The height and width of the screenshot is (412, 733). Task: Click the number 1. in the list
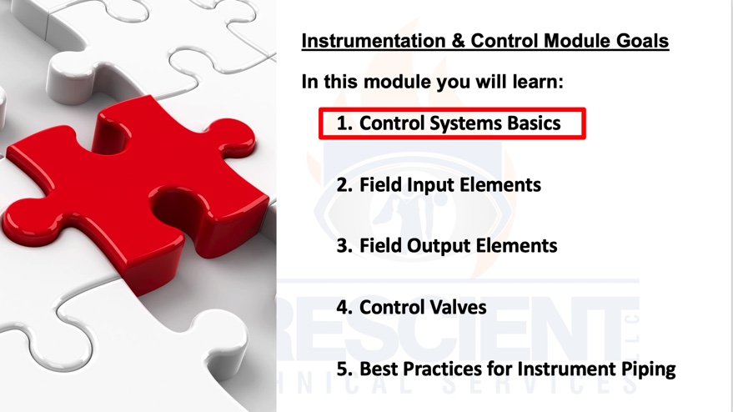point(344,123)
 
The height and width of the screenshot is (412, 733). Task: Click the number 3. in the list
point(344,246)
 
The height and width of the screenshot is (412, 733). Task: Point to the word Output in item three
point(439,246)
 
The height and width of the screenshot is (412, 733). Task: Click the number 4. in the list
point(344,308)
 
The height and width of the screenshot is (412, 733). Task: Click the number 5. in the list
point(344,369)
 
